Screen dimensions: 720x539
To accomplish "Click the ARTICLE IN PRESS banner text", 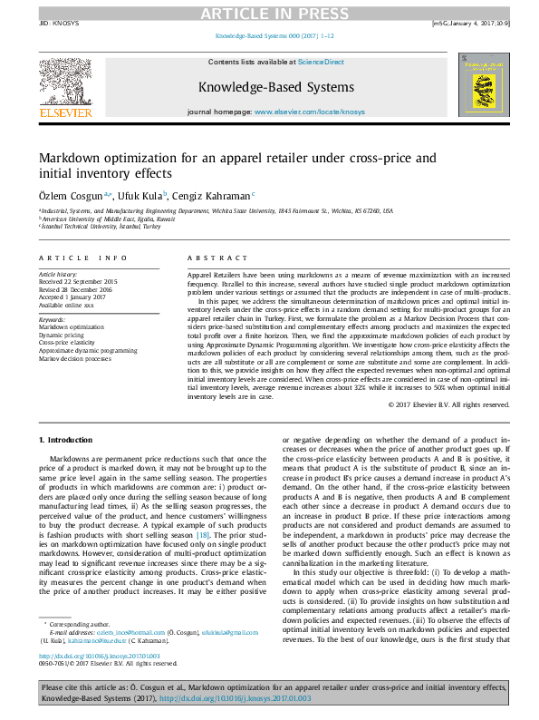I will click(x=269, y=12).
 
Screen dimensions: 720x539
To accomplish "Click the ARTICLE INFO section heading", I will click(x=82, y=258).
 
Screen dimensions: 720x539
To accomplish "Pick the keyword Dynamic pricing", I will click(x=61, y=335).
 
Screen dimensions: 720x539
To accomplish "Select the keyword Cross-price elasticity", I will click(x=67, y=342).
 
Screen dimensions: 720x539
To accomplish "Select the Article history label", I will click(x=59, y=273).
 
